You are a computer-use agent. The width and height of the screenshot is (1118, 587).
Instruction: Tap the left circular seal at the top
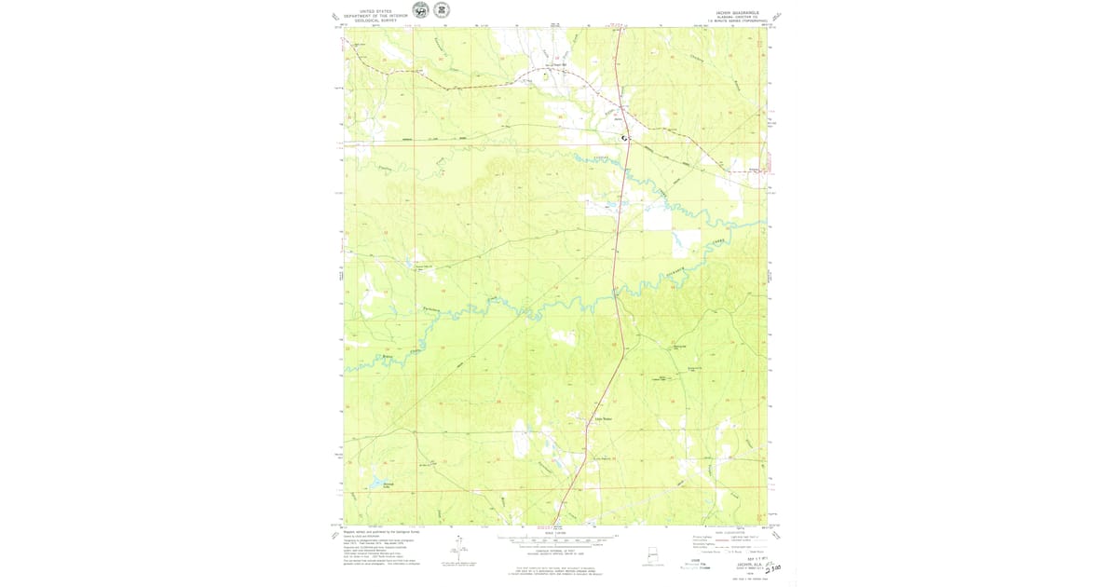[x=421, y=10]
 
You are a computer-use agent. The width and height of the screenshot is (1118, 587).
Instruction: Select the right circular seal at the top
[x=442, y=10]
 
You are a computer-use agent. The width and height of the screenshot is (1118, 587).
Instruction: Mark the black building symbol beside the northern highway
[x=625, y=138]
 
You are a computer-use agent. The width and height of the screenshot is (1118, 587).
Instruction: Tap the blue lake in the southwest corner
[x=375, y=485]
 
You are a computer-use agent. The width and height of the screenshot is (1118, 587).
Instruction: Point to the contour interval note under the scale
[x=558, y=548]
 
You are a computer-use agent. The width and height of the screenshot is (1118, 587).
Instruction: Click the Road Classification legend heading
[x=730, y=532]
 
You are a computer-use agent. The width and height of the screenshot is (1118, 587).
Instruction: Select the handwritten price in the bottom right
[x=770, y=567]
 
